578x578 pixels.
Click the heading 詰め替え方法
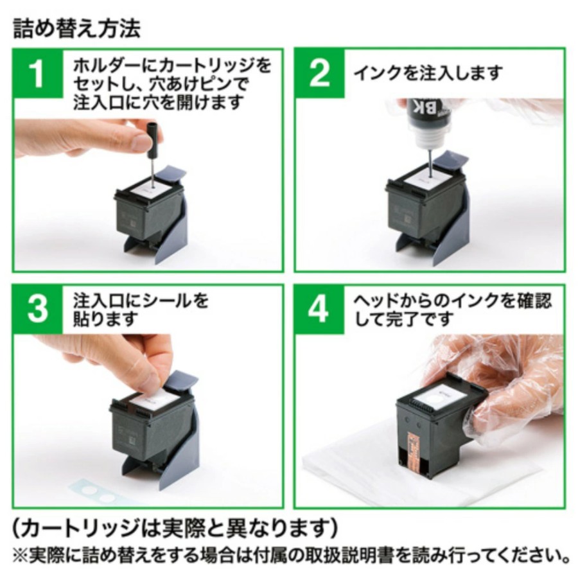point(76,28)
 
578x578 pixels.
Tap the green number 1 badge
point(38,73)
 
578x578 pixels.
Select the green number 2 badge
point(320,73)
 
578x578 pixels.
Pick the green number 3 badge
point(38,310)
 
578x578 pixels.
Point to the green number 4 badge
point(320,310)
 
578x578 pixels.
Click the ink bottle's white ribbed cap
point(430,136)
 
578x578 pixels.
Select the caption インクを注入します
point(428,73)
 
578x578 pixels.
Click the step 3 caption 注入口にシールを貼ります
point(141,310)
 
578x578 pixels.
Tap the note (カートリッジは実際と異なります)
point(175,528)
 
